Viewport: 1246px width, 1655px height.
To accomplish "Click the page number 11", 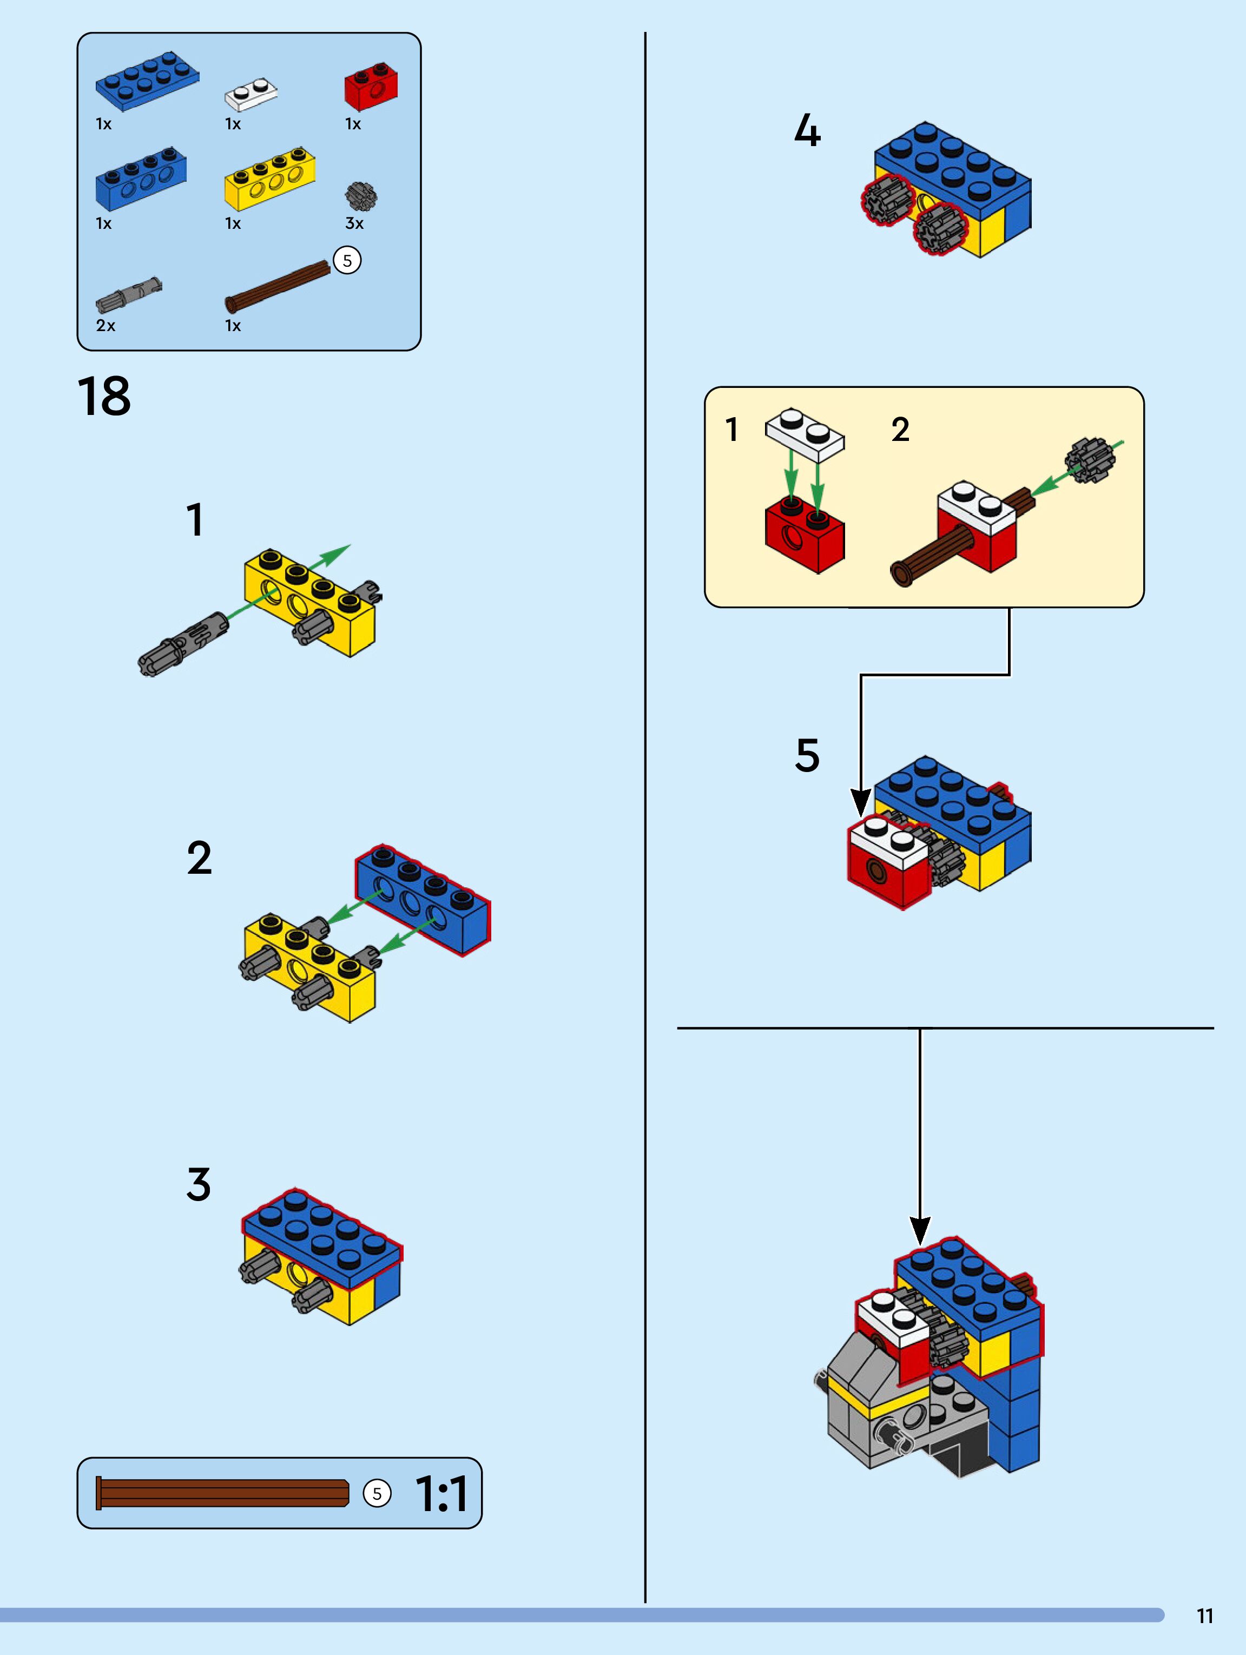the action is click(1204, 1616).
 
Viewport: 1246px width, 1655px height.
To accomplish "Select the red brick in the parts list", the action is click(371, 87).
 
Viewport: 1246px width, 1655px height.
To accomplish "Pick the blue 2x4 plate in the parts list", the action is click(147, 81).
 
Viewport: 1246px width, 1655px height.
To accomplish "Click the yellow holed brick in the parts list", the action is click(269, 178).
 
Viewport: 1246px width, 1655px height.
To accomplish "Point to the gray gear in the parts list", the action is click(361, 196).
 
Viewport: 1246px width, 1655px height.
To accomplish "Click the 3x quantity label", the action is click(354, 223).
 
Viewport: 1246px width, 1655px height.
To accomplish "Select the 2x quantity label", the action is click(106, 326).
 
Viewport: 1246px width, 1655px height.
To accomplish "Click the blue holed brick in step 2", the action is click(423, 900).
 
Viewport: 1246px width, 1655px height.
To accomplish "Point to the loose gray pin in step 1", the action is click(183, 645).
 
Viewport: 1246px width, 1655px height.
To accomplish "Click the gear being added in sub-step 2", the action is click(1089, 460).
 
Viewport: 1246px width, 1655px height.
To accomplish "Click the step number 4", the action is click(807, 130).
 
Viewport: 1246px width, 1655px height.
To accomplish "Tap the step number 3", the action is click(199, 1184).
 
